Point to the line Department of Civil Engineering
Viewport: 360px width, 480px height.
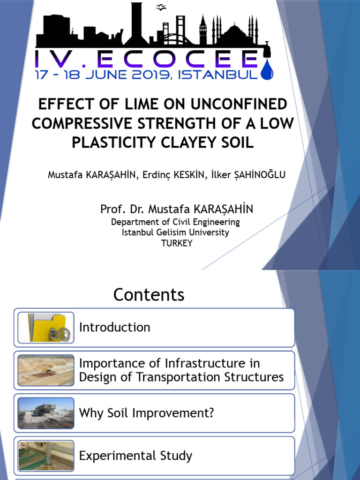(175, 222)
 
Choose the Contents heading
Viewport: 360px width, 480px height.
(149, 295)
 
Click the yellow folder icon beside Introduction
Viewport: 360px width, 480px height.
(46, 327)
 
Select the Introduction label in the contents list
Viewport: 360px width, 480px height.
(115, 327)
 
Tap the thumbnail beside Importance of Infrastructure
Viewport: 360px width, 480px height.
(46, 370)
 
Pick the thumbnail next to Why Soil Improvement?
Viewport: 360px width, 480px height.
(46, 413)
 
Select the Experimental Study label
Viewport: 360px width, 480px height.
(135, 456)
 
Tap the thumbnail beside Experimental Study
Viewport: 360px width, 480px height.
(46, 456)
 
